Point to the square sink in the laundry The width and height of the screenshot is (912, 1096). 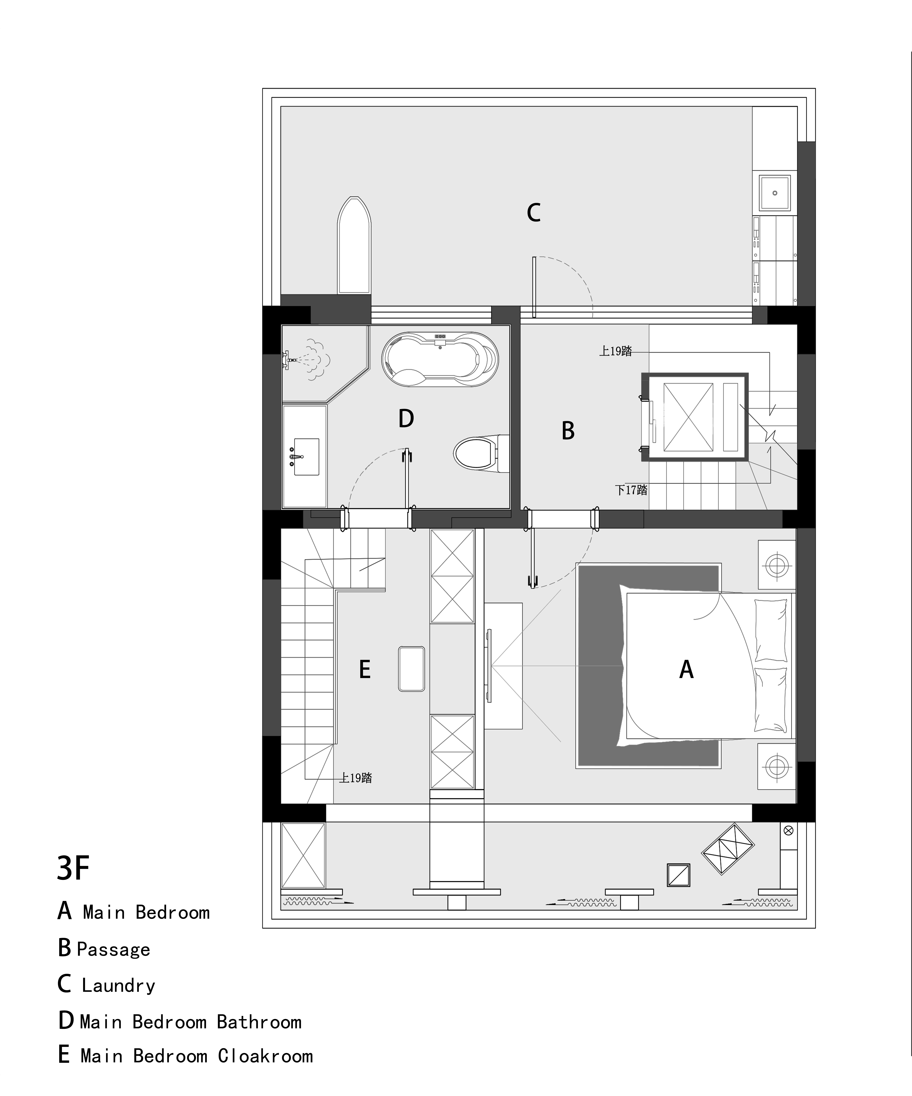(x=775, y=193)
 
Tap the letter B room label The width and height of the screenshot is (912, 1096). (x=568, y=431)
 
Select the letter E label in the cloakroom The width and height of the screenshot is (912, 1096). (x=365, y=670)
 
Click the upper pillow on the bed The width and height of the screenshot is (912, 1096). (x=770, y=630)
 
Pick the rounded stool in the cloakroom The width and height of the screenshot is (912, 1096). (x=411, y=669)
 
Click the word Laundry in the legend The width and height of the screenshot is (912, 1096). (x=119, y=985)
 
